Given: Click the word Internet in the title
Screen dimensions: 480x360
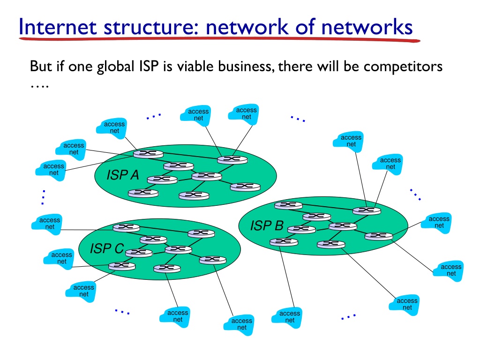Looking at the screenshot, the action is [58, 27].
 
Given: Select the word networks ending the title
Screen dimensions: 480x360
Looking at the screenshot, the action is [367, 27].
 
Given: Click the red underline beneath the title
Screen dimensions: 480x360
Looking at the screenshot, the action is [219, 39].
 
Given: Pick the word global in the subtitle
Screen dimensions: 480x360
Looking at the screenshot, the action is [116, 67].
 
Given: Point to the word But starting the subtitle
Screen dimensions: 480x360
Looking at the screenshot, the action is [41, 66].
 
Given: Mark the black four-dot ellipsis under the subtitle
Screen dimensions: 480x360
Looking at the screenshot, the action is [40, 87].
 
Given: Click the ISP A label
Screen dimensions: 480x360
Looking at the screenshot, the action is [123, 175].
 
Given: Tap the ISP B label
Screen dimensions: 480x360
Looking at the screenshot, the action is [267, 225].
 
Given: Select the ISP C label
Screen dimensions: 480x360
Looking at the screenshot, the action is [106, 248].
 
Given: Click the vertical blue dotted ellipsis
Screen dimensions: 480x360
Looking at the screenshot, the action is [44, 197].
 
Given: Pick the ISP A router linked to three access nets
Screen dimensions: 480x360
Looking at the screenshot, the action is [148, 153].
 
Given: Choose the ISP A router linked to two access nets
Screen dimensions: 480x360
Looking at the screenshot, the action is [232, 159].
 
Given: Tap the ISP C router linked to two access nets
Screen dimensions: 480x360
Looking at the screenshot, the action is [122, 266].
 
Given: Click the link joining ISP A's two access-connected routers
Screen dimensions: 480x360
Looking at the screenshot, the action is [190, 156].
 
